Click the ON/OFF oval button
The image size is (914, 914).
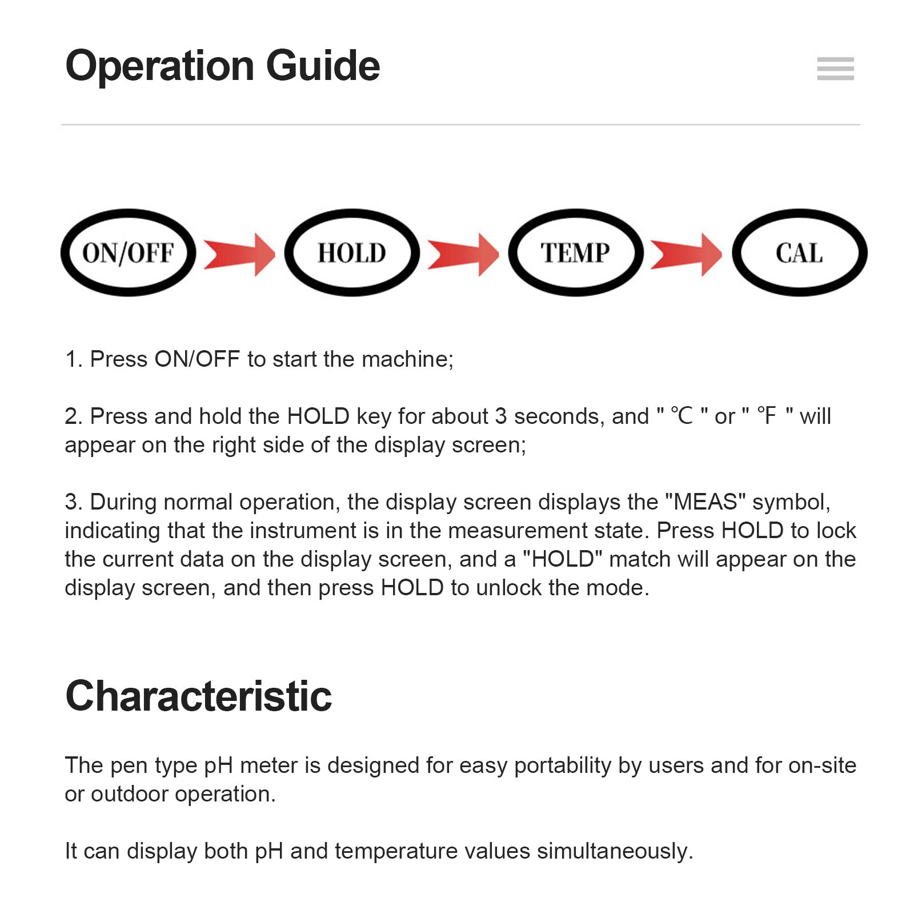128,252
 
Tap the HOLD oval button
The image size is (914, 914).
352,252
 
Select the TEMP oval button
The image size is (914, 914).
575,252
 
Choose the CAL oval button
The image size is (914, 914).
799,252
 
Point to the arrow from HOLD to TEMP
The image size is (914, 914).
463,254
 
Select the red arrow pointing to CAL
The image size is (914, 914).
687,254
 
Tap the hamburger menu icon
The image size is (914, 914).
835,69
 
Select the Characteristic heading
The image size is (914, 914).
198,696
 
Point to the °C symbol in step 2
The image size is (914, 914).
681,416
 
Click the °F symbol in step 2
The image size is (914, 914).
767,416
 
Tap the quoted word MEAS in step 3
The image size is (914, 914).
705,502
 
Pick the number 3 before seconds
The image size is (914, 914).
500,416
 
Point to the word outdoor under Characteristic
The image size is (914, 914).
129,794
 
